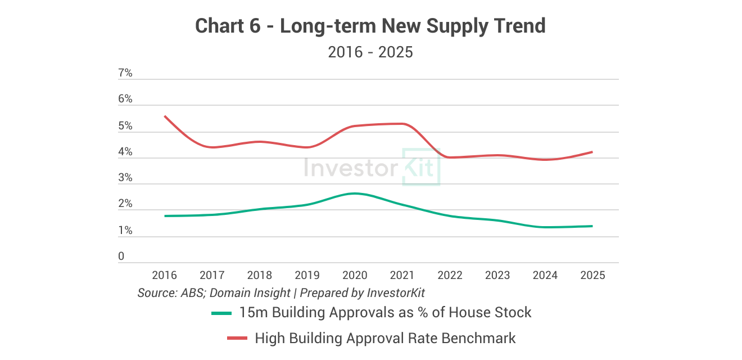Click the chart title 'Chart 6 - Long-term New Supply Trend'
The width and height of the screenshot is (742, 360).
pos(370,26)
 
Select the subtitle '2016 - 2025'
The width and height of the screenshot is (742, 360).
pos(370,52)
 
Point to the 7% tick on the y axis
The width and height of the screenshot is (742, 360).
pos(125,73)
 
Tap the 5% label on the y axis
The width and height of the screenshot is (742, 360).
pos(125,126)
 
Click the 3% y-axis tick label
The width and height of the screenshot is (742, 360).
pos(125,178)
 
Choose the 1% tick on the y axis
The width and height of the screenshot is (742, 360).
pos(125,231)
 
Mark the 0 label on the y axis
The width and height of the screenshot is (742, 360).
pos(121,256)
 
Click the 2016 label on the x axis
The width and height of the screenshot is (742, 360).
pos(164,275)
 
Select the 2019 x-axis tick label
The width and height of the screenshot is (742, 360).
pos(307,275)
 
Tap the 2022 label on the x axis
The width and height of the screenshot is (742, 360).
pos(450,275)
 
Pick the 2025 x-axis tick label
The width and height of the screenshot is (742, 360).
pos(592,275)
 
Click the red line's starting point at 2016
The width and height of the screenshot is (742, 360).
pos(165,116)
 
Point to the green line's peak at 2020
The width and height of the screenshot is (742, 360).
pos(354,193)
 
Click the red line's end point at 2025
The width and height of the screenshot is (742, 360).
pos(592,152)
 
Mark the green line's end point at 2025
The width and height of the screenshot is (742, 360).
pos(592,226)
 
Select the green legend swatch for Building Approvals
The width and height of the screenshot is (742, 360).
pos(221,313)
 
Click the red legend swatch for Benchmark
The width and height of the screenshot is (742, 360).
pos(237,338)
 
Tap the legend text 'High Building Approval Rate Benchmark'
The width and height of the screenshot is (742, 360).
pos(385,338)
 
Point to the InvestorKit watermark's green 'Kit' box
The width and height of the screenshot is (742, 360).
pos(421,167)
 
